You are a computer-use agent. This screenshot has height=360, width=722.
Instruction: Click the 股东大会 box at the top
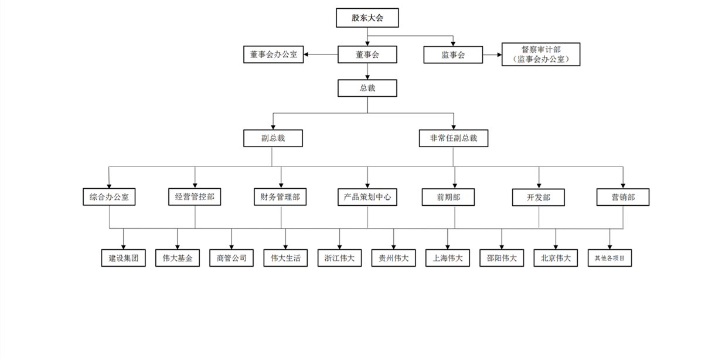tap(367, 18)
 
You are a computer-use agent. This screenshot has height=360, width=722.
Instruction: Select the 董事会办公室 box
tap(273, 55)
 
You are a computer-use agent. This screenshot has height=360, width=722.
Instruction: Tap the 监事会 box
tap(452, 55)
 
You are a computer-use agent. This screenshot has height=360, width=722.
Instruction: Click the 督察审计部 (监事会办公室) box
tap(540, 55)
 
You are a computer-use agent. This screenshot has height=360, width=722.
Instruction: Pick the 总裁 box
tap(367, 88)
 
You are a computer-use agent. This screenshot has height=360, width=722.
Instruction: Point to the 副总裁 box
tap(273, 138)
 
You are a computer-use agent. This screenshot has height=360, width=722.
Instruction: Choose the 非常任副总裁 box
tap(454, 138)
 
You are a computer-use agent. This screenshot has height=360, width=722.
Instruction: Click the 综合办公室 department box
tap(109, 197)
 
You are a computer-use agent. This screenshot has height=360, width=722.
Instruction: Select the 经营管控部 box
tap(195, 196)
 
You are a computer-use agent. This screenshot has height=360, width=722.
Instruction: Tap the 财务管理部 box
tap(280, 197)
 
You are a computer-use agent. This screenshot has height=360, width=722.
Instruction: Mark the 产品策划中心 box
tap(367, 197)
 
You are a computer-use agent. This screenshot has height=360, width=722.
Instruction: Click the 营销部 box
tap(623, 197)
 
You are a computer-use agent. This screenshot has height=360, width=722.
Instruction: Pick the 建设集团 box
tap(123, 258)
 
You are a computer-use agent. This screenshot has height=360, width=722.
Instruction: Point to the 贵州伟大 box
tap(393, 258)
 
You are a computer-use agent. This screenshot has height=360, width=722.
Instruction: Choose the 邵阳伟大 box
tap(502, 258)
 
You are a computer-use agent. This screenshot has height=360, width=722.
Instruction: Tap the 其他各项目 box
tap(609, 258)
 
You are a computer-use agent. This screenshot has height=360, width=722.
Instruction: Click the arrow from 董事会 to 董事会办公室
tap(321, 55)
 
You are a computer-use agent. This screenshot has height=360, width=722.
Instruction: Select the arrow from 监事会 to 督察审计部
tap(492, 55)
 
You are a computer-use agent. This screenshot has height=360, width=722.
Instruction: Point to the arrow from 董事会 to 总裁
tap(367, 71)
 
